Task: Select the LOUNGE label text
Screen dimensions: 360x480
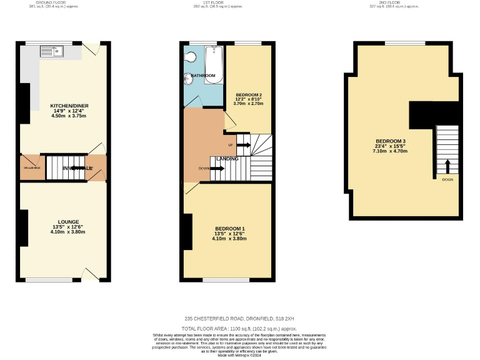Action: pyautogui.click(x=68, y=222)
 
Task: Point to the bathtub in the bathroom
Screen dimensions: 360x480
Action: pyautogui.click(x=214, y=64)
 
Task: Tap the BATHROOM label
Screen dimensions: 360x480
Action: pyautogui.click(x=203, y=76)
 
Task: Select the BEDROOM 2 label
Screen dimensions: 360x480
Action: pyautogui.click(x=248, y=95)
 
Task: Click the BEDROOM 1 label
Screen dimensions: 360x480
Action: pyautogui.click(x=229, y=229)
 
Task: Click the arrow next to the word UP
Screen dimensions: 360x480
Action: pyautogui.click(x=243, y=146)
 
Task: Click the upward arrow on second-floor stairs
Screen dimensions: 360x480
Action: pyautogui.click(x=447, y=166)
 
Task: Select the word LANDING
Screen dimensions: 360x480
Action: pyautogui.click(x=227, y=159)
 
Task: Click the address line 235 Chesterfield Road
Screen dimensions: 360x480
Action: pyautogui.click(x=239, y=318)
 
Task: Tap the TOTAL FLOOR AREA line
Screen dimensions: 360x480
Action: pyautogui.click(x=239, y=328)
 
